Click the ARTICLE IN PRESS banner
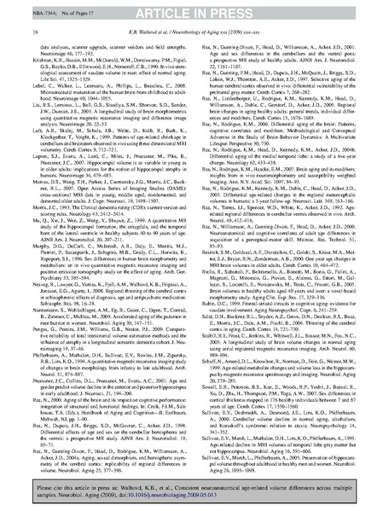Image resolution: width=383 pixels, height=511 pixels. [191, 9]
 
